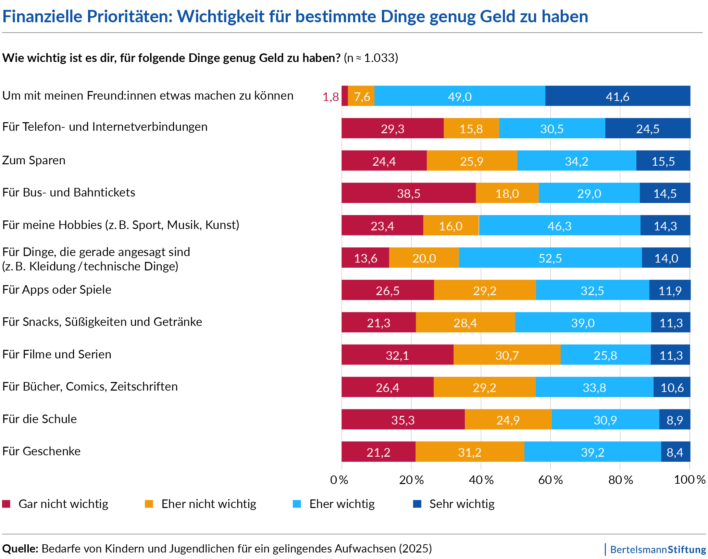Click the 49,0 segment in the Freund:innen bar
click(460, 96)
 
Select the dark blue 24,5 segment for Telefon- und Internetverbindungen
click(647, 128)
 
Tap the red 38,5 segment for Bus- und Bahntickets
click(408, 193)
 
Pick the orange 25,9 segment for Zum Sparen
click(471, 161)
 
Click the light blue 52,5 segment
click(550, 258)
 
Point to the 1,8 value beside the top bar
click(331, 97)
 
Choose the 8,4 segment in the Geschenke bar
click(675, 452)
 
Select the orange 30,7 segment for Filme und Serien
click(507, 355)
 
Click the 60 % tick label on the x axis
click(550, 480)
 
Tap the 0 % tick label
click(339, 480)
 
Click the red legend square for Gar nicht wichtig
click(6, 504)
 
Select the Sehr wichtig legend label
click(462, 504)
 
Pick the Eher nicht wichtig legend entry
click(209, 504)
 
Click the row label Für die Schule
click(39, 419)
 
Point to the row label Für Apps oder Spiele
click(57, 290)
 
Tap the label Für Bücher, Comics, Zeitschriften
click(90, 386)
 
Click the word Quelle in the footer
click(20, 549)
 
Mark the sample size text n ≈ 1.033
click(371, 58)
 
